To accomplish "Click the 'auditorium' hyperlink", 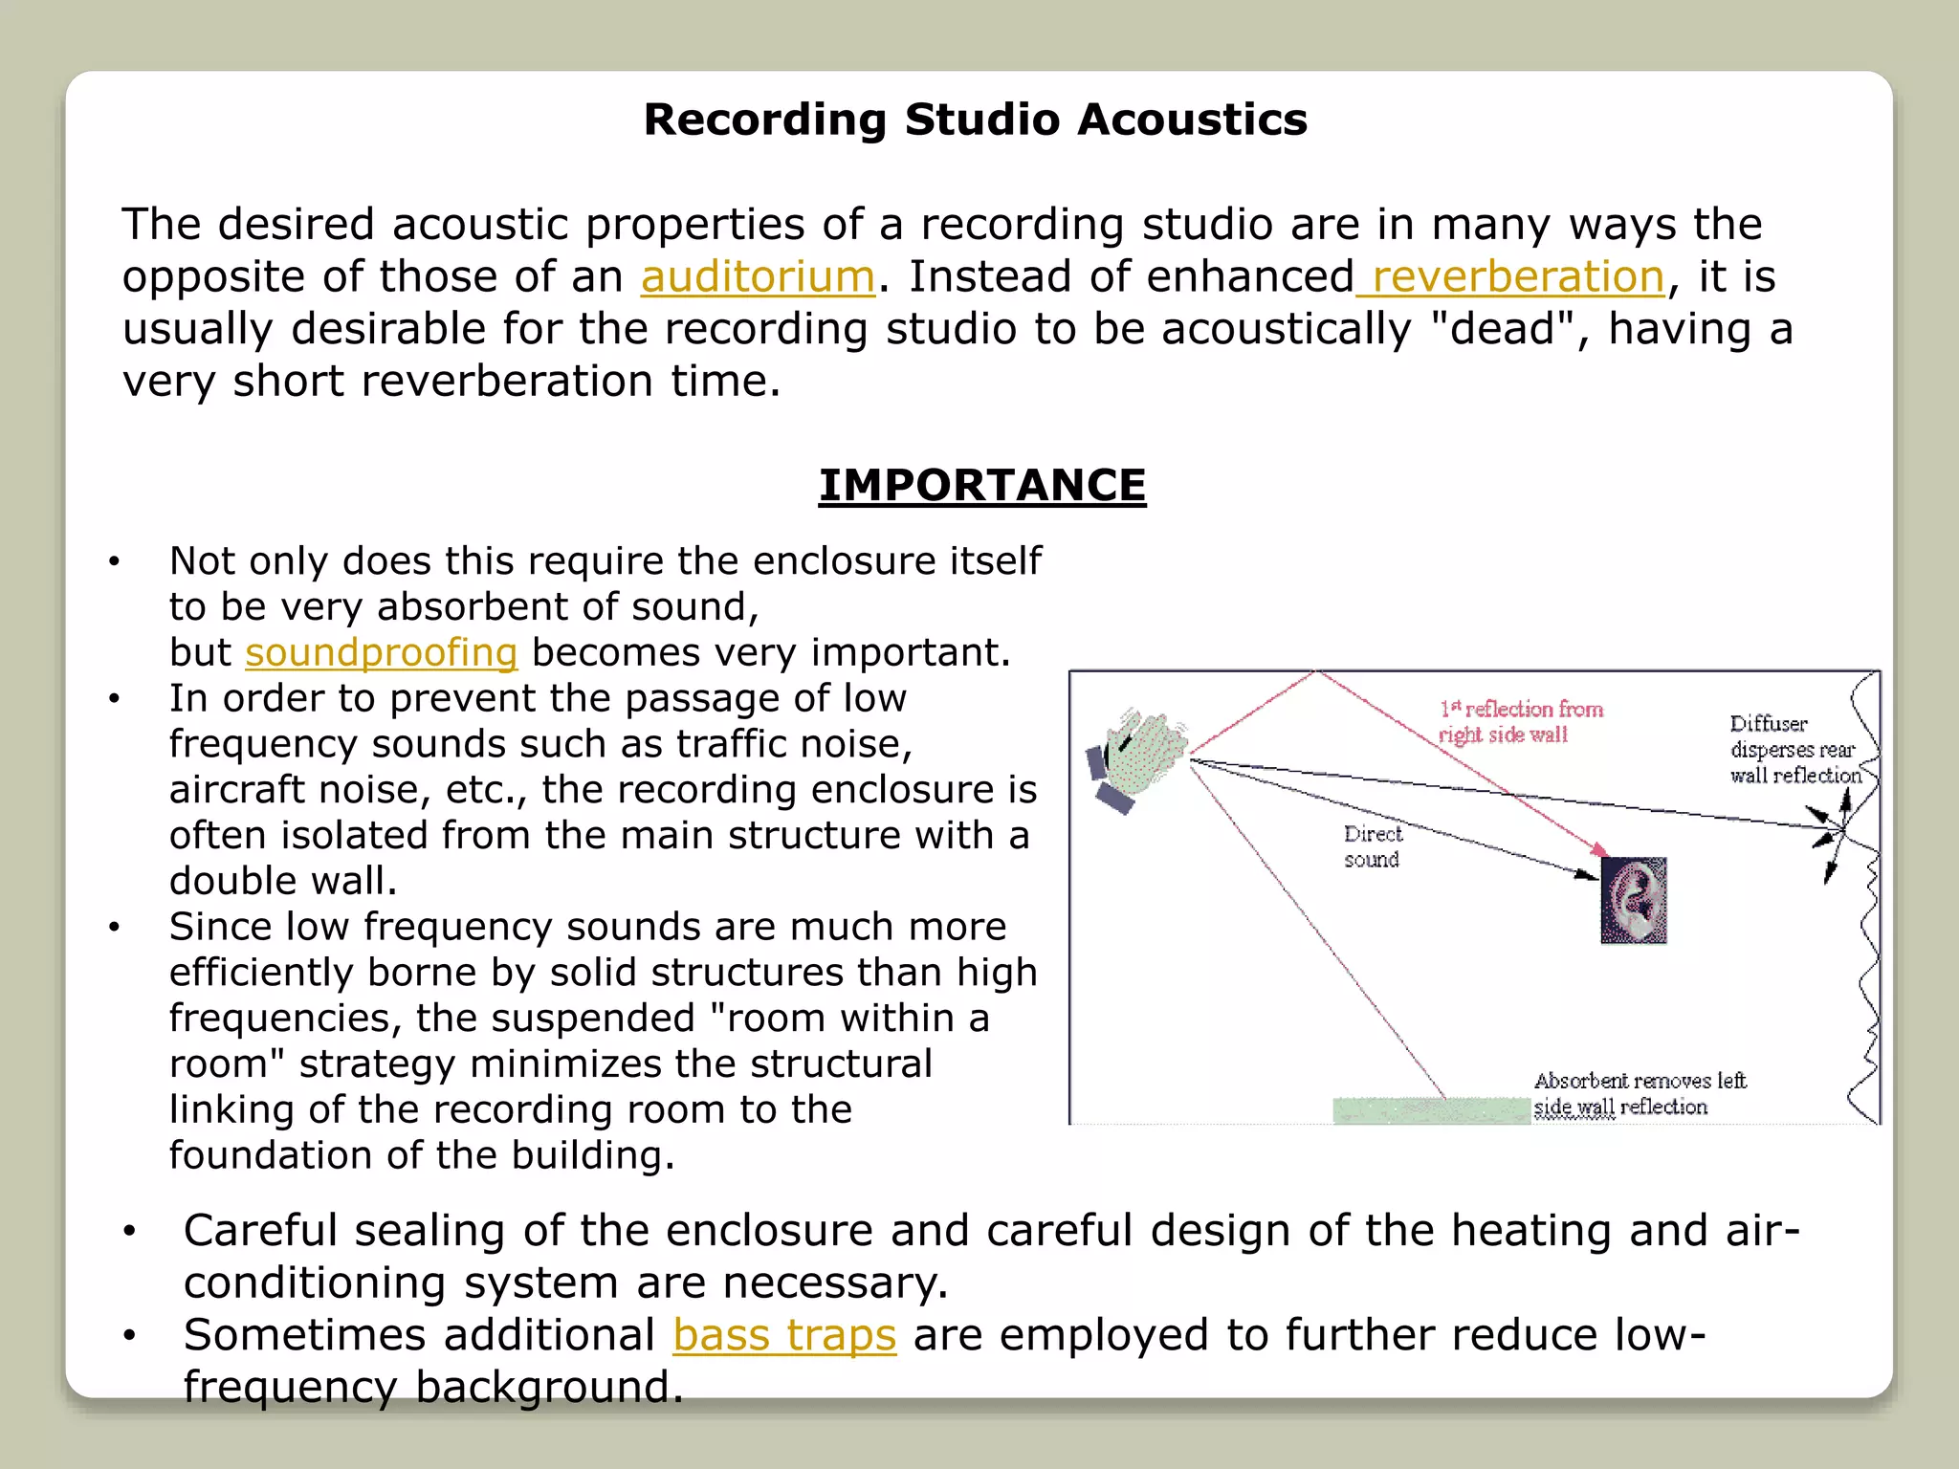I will pyautogui.click(x=758, y=277).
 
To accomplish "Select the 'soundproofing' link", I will pyautogui.click(x=381, y=653).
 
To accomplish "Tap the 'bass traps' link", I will pyautogui.click(x=784, y=1335).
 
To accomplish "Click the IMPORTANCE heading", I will pyautogui.click(x=982, y=485).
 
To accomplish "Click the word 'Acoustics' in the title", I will pyautogui.click(x=1192, y=121).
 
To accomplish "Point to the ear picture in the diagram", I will pyautogui.click(x=1634, y=900).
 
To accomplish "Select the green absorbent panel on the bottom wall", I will pyautogui.click(x=1431, y=1110).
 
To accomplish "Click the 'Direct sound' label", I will pyautogui.click(x=1372, y=846).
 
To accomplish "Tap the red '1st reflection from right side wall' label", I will pyautogui.click(x=1521, y=722).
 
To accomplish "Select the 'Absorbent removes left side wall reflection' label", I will pyautogui.click(x=1640, y=1094).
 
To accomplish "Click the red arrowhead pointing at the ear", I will pyautogui.click(x=1599, y=849).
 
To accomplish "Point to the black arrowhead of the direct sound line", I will pyautogui.click(x=1588, y=873).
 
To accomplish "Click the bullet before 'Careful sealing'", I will pyautogui.click(x=129, y=1232).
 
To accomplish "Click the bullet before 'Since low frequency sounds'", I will pyautogui.click(x=114, y=928).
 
